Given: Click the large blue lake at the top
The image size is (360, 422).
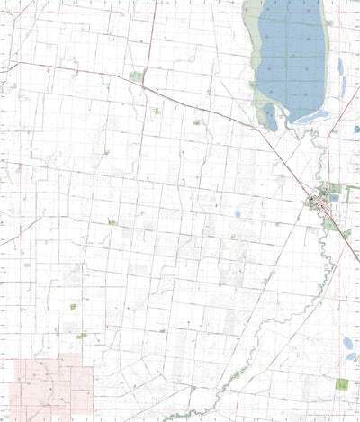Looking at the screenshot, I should pos(290,54).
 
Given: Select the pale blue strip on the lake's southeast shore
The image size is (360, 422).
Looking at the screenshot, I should pos(310,117).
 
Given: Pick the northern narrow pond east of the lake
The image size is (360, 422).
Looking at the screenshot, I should pos(340,66).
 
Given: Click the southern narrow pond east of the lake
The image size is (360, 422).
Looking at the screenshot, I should pos(343,86).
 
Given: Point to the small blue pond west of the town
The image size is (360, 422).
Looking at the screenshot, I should pos(237,214).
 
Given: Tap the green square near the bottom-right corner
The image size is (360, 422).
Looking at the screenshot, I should pos(342,384).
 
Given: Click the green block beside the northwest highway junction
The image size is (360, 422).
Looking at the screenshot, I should pos(136,76).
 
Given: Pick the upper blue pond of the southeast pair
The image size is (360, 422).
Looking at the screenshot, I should pos(348,343).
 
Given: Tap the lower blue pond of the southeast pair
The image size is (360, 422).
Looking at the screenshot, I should pos(349,358).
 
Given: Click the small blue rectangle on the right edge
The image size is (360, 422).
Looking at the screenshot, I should pos(356,130).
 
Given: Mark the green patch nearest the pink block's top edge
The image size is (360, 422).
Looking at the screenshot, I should pos(81,336).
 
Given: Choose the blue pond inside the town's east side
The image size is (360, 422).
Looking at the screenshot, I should pos(334,198).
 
